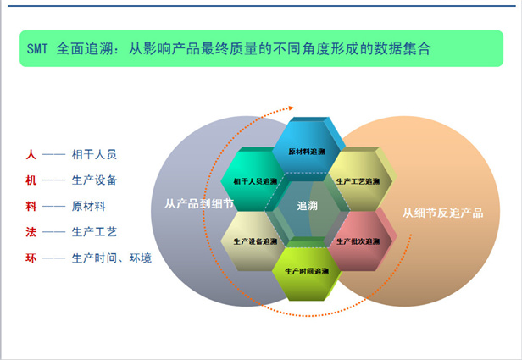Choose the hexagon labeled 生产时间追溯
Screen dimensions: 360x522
tap(307, 270)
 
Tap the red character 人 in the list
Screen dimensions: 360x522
tap(31, 154)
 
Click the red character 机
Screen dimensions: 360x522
tap(31, 180)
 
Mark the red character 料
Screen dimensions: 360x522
tap(31, 206)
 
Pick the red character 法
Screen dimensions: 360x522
tap(31, 232)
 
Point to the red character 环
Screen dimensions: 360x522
tap(31, 258)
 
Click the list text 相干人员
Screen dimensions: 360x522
tap(94, 154)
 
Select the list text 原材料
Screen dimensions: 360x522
tap(89, 206)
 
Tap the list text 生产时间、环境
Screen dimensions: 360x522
tap(112, 258)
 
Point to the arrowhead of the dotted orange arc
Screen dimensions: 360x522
tap(291, 108)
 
